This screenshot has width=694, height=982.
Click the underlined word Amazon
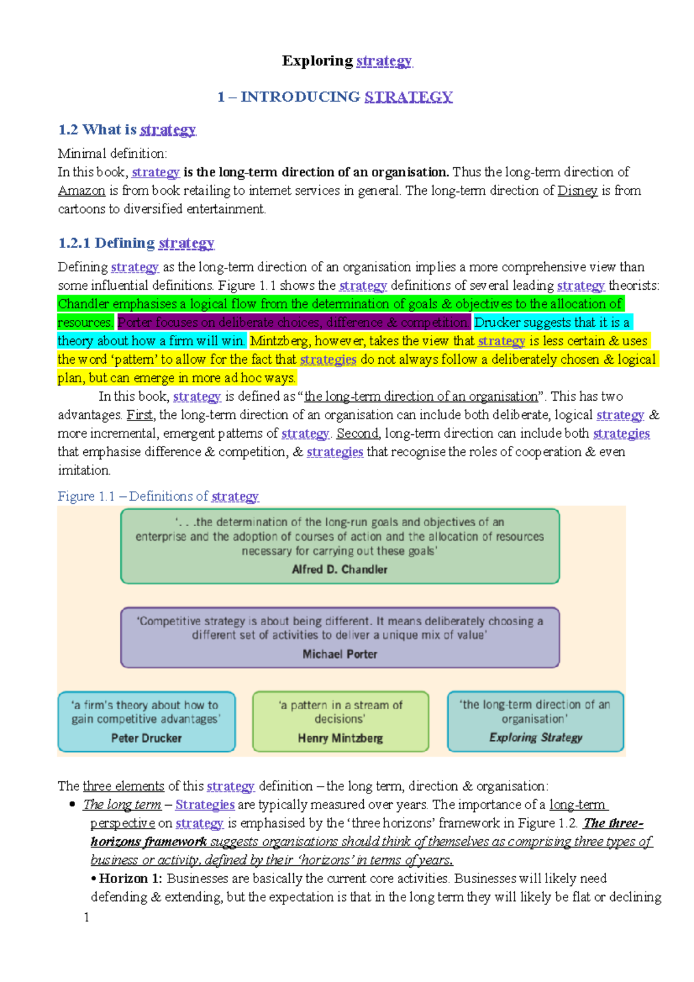[82, 191]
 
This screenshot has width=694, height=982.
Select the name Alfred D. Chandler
[339, 570]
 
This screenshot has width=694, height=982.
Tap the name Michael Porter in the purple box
[339, 654]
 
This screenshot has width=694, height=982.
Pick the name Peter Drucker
[146, 739]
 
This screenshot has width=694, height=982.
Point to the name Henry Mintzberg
[340, 739]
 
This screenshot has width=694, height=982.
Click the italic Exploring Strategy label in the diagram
[536, 737]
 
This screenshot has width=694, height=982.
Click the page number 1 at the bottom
[87, 917]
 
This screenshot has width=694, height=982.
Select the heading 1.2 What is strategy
[127, 130]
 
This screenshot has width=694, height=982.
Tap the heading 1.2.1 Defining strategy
[136, 243]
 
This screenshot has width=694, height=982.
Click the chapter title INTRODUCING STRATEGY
[335, 97]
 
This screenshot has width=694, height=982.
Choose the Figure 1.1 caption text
[158, 496]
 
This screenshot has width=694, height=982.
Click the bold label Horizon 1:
[130, 878]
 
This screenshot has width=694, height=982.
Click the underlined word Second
[357, 434]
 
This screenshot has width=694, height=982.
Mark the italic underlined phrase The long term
[122, 804]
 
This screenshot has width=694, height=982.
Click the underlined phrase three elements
[123, 786]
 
